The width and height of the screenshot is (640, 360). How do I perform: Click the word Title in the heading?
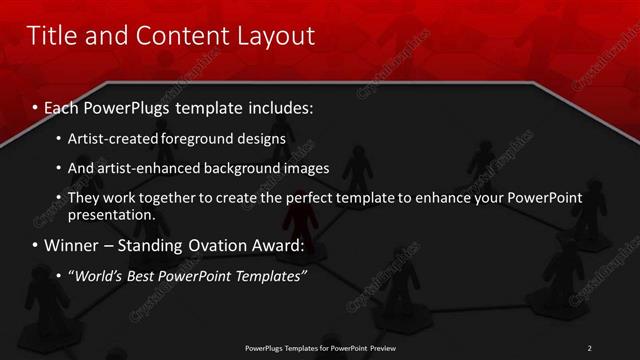(52, 37)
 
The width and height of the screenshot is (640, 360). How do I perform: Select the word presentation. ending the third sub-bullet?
(111, 214)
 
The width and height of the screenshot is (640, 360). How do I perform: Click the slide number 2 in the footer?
(590, 347)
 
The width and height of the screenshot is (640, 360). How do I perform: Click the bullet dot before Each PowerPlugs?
(35, 107)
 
